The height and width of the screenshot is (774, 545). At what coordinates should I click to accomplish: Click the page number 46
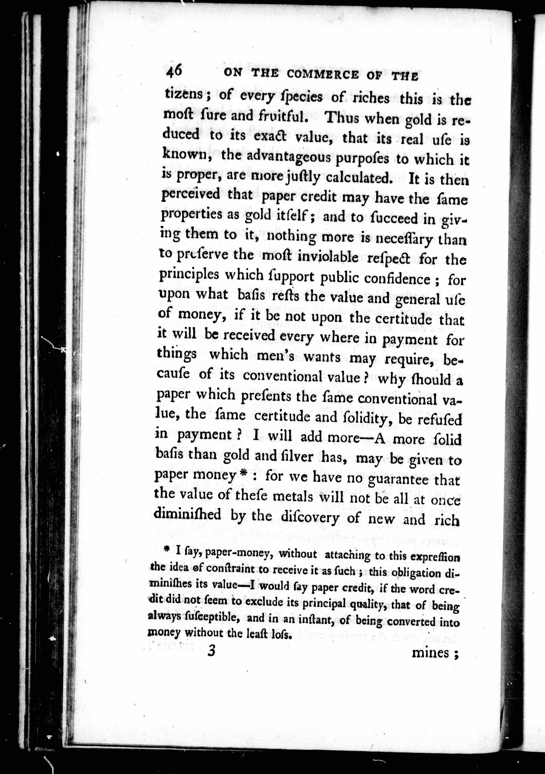tap(174, 71)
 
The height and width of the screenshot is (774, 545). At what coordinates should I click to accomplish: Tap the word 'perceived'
tap(191, 195)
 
